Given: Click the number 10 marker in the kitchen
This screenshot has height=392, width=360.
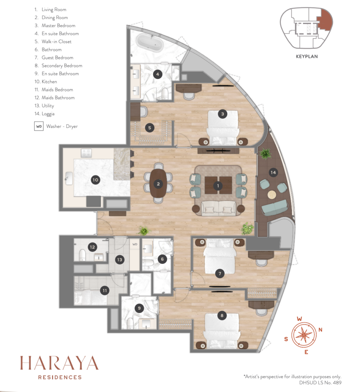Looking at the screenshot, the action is click(x=95, y=180).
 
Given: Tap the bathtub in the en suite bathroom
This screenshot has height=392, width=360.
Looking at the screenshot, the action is click(x=150, y=43).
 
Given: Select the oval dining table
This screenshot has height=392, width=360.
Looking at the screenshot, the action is click(x=158, y=183).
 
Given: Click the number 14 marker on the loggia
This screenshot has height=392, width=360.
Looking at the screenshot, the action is click(x=273, y=172).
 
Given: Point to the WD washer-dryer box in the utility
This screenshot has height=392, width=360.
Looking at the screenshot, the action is click(x=135, y=244).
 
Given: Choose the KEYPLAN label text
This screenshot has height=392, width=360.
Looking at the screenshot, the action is click(x=307, y=57).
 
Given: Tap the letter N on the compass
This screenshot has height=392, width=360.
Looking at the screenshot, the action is click(x=320, y=330).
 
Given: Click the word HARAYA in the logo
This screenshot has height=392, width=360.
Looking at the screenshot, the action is click(x=59, y=363).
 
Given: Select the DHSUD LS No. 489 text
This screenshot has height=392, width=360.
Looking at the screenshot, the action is click(x=320, y=382).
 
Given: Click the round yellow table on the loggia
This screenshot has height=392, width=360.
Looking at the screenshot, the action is click(x=272, y=194).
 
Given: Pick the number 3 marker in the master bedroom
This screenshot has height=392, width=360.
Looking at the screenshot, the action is click(x=223, y=114).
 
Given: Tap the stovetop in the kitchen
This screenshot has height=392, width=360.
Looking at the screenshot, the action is click(x=86, y=153).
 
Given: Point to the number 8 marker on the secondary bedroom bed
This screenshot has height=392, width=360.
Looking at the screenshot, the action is click(x=222, y=315).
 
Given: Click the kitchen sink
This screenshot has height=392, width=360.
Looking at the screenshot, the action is click(x=69, y=178).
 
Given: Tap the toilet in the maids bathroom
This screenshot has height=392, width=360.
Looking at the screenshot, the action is click(x=82, y=255).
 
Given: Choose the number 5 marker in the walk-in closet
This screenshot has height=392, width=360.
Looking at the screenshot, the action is click(x=150, y=128).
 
